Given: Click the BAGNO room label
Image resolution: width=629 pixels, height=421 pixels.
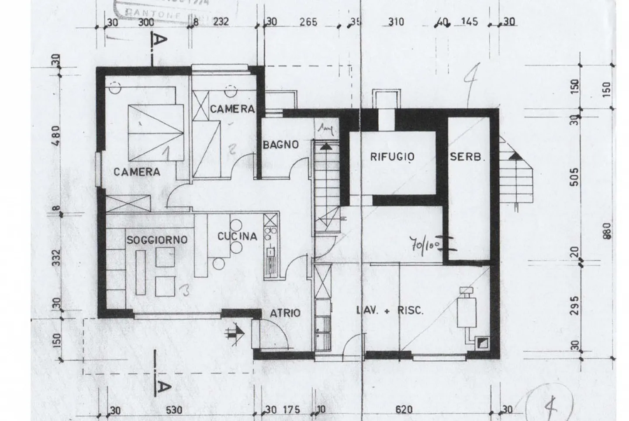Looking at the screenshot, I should (280, 145).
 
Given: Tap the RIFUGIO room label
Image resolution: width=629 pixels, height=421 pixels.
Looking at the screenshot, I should (392, 157).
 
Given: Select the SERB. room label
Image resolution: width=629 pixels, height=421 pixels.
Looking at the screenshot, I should (467, 157).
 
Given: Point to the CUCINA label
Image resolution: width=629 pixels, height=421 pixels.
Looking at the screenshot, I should (237, 236).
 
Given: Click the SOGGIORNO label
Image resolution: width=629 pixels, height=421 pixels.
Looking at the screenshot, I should (157, 240).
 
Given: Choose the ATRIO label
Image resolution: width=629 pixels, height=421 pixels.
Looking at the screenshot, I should (285, 313).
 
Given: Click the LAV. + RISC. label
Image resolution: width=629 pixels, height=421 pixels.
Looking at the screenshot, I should (390, 311).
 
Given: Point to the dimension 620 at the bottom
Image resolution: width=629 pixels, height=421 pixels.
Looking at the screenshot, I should (403, 410).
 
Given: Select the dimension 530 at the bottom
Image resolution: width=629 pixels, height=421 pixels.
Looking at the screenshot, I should (174, 410).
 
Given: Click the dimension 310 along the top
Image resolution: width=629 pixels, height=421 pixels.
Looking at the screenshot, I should (396, 21).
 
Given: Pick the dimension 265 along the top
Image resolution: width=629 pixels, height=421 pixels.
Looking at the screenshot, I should (308, 21).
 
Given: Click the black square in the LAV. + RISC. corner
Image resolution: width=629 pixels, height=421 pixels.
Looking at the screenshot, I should (483, 343).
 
